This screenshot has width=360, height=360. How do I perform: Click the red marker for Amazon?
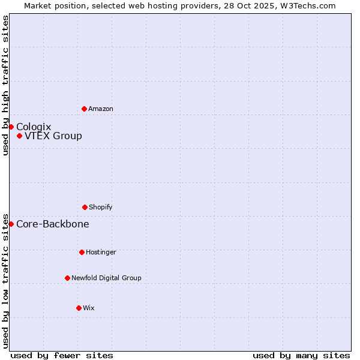84,109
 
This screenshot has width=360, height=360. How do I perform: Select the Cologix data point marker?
11,127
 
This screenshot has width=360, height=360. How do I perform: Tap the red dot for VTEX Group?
19,136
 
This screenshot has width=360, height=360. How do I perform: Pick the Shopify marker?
85,207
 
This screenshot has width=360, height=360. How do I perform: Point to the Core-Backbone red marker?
11,224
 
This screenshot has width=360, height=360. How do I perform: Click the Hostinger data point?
82,252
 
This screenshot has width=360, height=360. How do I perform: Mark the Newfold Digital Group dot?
67,278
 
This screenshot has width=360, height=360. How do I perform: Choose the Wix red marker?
79,308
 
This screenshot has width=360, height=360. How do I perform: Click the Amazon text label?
101,109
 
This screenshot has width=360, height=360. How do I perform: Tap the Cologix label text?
34,127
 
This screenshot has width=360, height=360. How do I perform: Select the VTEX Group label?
53,136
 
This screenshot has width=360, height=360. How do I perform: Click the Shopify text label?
101,207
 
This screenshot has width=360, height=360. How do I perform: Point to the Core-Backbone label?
53,224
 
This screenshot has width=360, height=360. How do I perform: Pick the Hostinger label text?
101,252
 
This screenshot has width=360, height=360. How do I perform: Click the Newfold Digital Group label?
106,278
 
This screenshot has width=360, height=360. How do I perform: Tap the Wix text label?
89,308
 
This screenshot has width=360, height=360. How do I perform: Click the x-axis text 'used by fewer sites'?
62,355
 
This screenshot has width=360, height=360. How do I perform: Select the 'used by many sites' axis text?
301,355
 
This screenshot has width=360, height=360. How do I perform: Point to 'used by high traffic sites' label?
5,85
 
